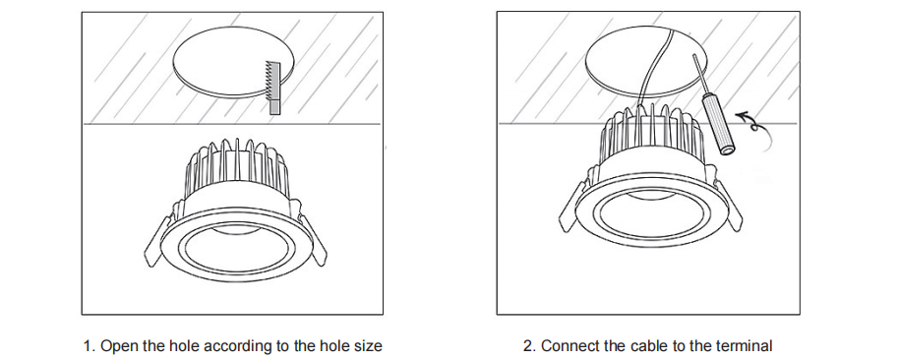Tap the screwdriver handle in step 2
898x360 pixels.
click(x=719, y=125)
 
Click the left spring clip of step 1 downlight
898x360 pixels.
click(x=155, y=240)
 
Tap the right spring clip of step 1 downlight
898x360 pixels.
click(x=312, y=240)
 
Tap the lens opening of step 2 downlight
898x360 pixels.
click(x=652, y=214)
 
